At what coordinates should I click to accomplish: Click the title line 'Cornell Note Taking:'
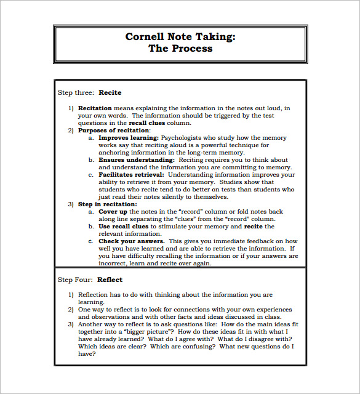click(x=180, y=36)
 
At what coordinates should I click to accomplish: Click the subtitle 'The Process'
click(x=180, y=49)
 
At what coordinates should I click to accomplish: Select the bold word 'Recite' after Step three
click(x=109, y=93)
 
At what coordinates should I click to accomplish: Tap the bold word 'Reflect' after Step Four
click(x=110, y=279)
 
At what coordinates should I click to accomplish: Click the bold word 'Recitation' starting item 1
click(x=95, y=108)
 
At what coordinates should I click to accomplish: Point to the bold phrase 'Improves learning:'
click(x=129, y=138)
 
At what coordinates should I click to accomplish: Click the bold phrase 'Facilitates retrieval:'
click(x=131, y=175)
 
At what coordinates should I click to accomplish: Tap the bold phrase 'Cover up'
click(x=113, y=212)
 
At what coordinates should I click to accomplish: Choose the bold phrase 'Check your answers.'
click(x=131, y=241)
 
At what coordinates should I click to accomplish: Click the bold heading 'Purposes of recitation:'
click(x=114, y=131)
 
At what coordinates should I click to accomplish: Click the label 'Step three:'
click(x=76, y=93)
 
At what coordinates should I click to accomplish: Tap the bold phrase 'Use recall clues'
click(x=124, y=227)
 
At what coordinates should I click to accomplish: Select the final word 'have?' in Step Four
click(x=87, y=354)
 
